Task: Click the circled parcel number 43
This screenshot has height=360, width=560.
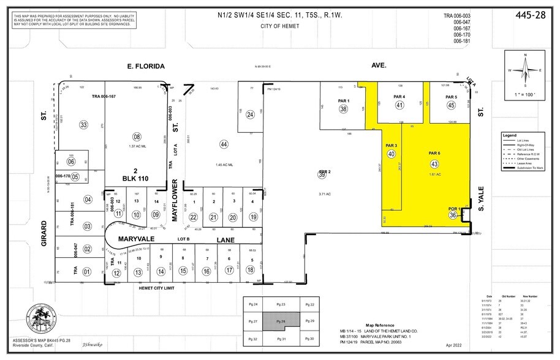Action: (x=434, y=165)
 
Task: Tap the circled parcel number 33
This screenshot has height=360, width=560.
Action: (x=83, y=125)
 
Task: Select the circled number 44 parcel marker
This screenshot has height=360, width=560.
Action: (x=224, y=144)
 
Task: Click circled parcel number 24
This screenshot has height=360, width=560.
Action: (x=250, y=114)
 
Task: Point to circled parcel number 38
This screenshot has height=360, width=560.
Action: (x=343, y=109)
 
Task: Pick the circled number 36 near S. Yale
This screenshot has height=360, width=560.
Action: (x=453, y=215)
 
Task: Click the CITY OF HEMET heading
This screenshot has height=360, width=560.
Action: (x=281, y=26)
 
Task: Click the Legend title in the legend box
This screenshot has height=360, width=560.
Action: (x=509, y=134)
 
